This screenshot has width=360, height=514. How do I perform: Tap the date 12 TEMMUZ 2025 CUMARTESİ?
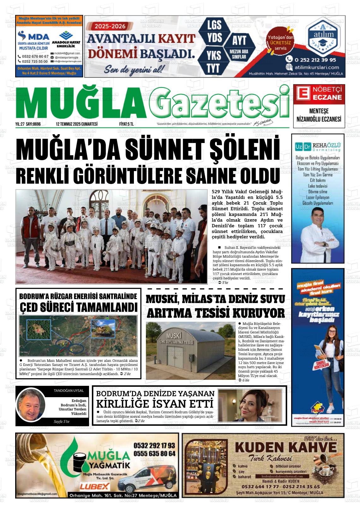(76, 124)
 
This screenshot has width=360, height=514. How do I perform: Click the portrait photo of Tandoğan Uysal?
(31, 405)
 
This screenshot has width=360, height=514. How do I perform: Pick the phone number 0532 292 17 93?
(154, 445)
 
